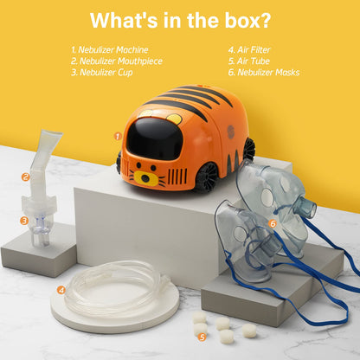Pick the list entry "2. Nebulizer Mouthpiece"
[x=116, y=61]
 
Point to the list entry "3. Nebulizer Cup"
[x=101, y=73]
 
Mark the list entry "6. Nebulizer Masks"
[x=264, y=73]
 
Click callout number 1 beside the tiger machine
[x=117, y=135]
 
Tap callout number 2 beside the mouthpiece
[x=26, y=177]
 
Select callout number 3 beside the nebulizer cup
[x=24, y=220]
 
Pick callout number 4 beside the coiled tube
[x=61, y=290]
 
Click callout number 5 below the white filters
[x=202, y=337]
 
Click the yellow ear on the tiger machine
[x=173, y=119]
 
